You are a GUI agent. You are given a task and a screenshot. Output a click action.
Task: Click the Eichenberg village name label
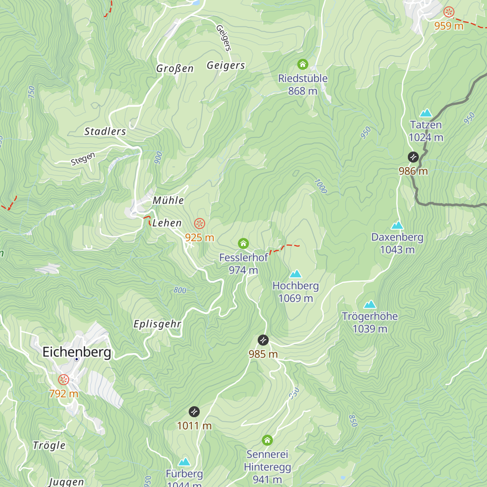coord(77,351)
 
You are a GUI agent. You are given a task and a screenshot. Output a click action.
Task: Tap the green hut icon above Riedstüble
coord(303,64)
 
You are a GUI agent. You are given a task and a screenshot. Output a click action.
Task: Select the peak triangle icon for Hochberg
coord(295,274)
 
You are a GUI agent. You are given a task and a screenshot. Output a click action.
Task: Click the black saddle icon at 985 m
coord(263,340)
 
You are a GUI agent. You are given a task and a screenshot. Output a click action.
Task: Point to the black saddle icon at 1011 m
coord(194,412)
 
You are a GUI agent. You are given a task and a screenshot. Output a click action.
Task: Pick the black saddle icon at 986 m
coord(413,157)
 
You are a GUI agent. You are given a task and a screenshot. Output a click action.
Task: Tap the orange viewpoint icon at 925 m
coord(199,224)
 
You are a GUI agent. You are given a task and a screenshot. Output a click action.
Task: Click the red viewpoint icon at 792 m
coord(64,380)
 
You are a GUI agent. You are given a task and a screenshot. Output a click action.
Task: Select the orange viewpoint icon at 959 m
coord(449,12)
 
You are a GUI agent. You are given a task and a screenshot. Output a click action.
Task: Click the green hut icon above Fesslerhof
coord(243,243)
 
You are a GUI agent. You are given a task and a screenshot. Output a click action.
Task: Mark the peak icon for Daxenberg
coord(397,225)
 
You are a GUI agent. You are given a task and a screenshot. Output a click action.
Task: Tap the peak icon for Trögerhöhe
coord(369,304)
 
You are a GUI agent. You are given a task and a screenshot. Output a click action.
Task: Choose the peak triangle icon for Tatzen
coord(426,113)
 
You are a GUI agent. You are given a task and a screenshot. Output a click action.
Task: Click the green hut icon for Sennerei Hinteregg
coord(267,440)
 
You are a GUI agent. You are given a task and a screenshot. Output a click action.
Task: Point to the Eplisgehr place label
coord(157,324)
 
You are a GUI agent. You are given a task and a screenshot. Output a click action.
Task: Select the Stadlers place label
coord(105,131)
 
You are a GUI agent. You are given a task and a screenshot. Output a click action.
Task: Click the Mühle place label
coord(168,200)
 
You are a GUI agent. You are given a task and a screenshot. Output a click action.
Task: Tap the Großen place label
coord(175,69)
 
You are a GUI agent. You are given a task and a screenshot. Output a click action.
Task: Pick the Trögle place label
coord(49,445)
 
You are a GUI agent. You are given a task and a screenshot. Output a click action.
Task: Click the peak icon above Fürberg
coord(184,462)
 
